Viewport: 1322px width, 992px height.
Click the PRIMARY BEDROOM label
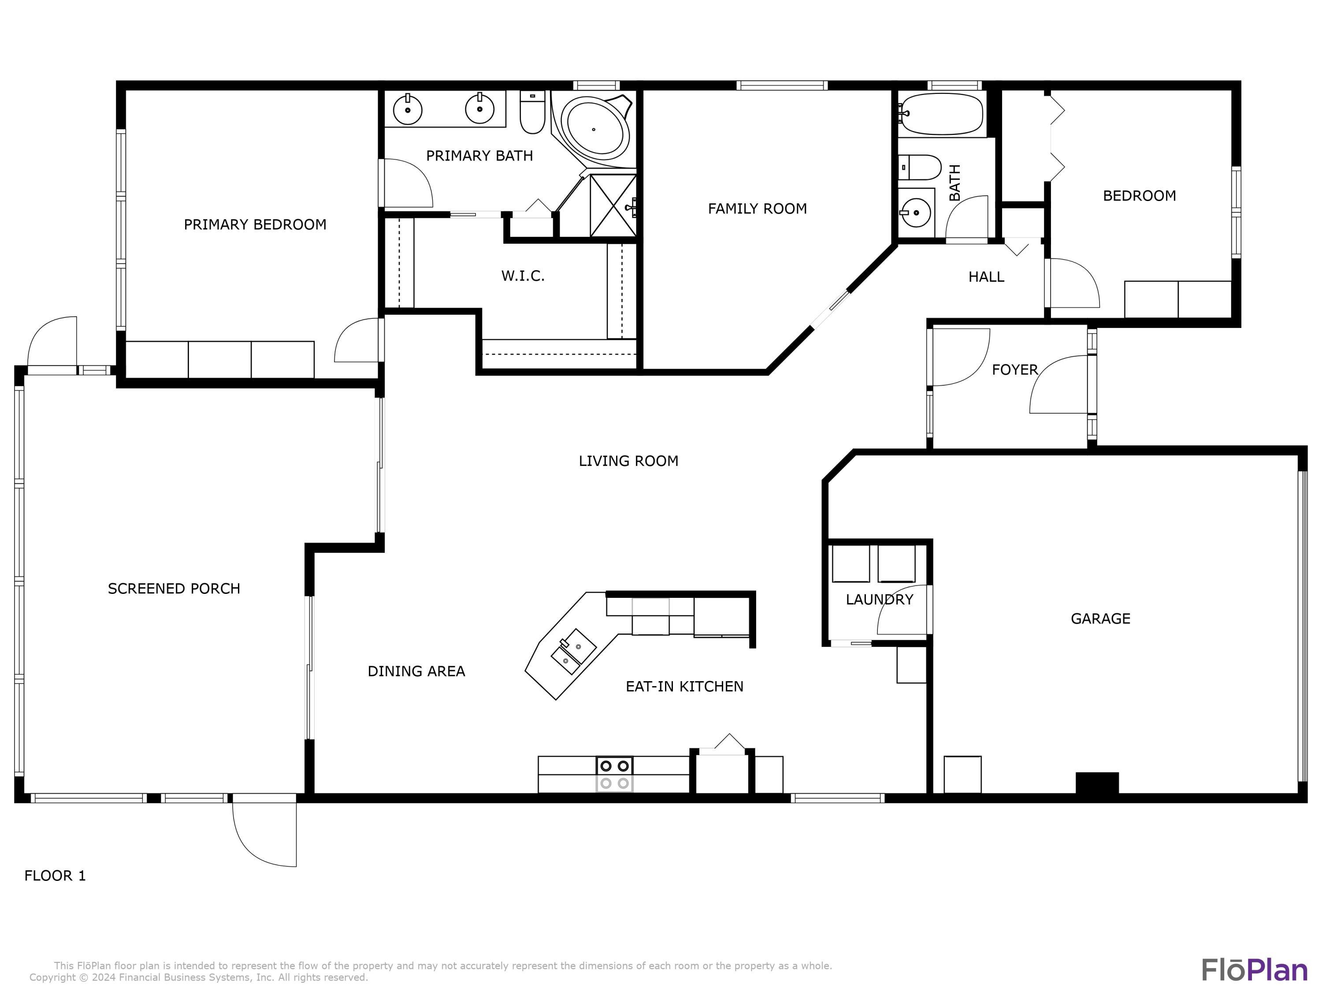click(255, 224)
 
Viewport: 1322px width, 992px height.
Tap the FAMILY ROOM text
click(757, 209)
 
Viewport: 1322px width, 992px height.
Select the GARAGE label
click(1100, 618)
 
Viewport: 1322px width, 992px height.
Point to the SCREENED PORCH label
click(174, 589)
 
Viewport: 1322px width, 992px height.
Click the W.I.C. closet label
click(523, 276)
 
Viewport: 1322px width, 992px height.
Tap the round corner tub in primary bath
click(598, 129)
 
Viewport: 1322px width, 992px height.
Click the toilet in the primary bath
click(532, 112)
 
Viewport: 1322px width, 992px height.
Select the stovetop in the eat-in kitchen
click(614, 774)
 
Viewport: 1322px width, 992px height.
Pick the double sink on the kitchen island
click(572, 651)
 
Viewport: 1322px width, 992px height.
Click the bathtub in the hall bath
click(941, 114)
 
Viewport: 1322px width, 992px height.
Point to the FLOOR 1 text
click(55, 876)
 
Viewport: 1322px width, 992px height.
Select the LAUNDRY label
click(879, 599)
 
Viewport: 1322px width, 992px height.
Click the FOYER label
click(1015, 369)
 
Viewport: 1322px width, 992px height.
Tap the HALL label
click(986, 277)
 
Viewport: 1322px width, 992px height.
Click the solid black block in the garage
click(1097, 783)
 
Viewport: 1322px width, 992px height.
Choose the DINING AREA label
click(416, 671)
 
